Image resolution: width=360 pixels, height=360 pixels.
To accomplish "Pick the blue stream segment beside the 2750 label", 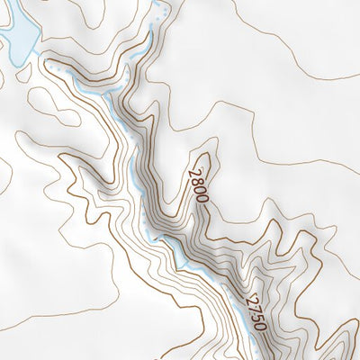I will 236,297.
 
